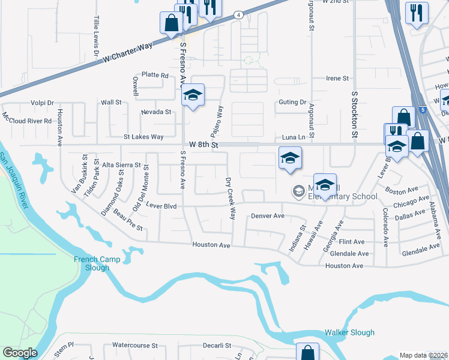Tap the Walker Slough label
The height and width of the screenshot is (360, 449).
[x=349, y=332]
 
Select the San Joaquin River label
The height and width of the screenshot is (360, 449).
[x=13, y=180]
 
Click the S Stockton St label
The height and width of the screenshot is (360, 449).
[x=355, y=115]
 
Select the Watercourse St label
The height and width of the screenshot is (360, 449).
[x=134, y=346]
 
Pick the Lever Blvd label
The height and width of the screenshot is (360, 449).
[x=161, y=206]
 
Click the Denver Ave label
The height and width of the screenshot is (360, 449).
[x=267, y=215]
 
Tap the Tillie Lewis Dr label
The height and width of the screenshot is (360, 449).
[x=95, y=37]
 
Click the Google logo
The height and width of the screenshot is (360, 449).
[x=19, y=353]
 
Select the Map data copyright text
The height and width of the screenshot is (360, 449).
[x=424, y=355]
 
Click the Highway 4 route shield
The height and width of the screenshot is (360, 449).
[x=238, y=15]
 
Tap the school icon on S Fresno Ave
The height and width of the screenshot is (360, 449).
[x=193, y=95]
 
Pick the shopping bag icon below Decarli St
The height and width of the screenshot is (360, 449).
[x=308, y=353]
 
